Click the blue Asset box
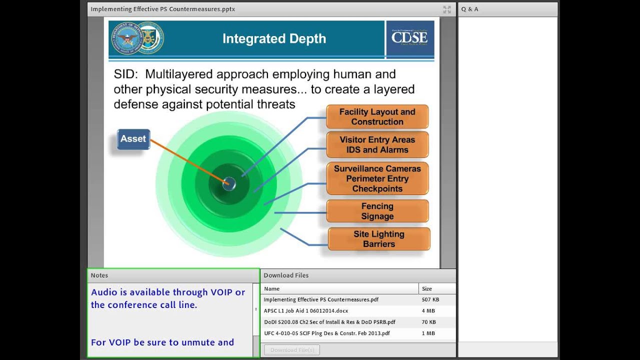click(x=133, y=139)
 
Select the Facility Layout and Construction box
click(x=377, y=117)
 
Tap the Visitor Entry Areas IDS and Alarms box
click(x=377, y=145)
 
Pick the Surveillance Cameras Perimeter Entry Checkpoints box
click(x=377, y=178)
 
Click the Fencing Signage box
click(x=377, y=211)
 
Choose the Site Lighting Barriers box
click(x=378, y=239)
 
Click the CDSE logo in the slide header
click(x=409, y=38)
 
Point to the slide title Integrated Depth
click(x=274, y=39)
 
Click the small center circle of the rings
click(x=229, y=183)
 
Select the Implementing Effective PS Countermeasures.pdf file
click(x=321, y=300)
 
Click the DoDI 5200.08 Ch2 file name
click(x=329, y=322)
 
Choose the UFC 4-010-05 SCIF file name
click(x=326, y=333)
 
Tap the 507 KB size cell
click(x=430, y=300)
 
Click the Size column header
click(x=427, y=288)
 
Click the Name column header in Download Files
click(x=272, y=288)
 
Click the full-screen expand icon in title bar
click(x=447, y=9)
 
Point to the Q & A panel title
click(x=469, y=9)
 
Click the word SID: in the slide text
click(x=125, y=74)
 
